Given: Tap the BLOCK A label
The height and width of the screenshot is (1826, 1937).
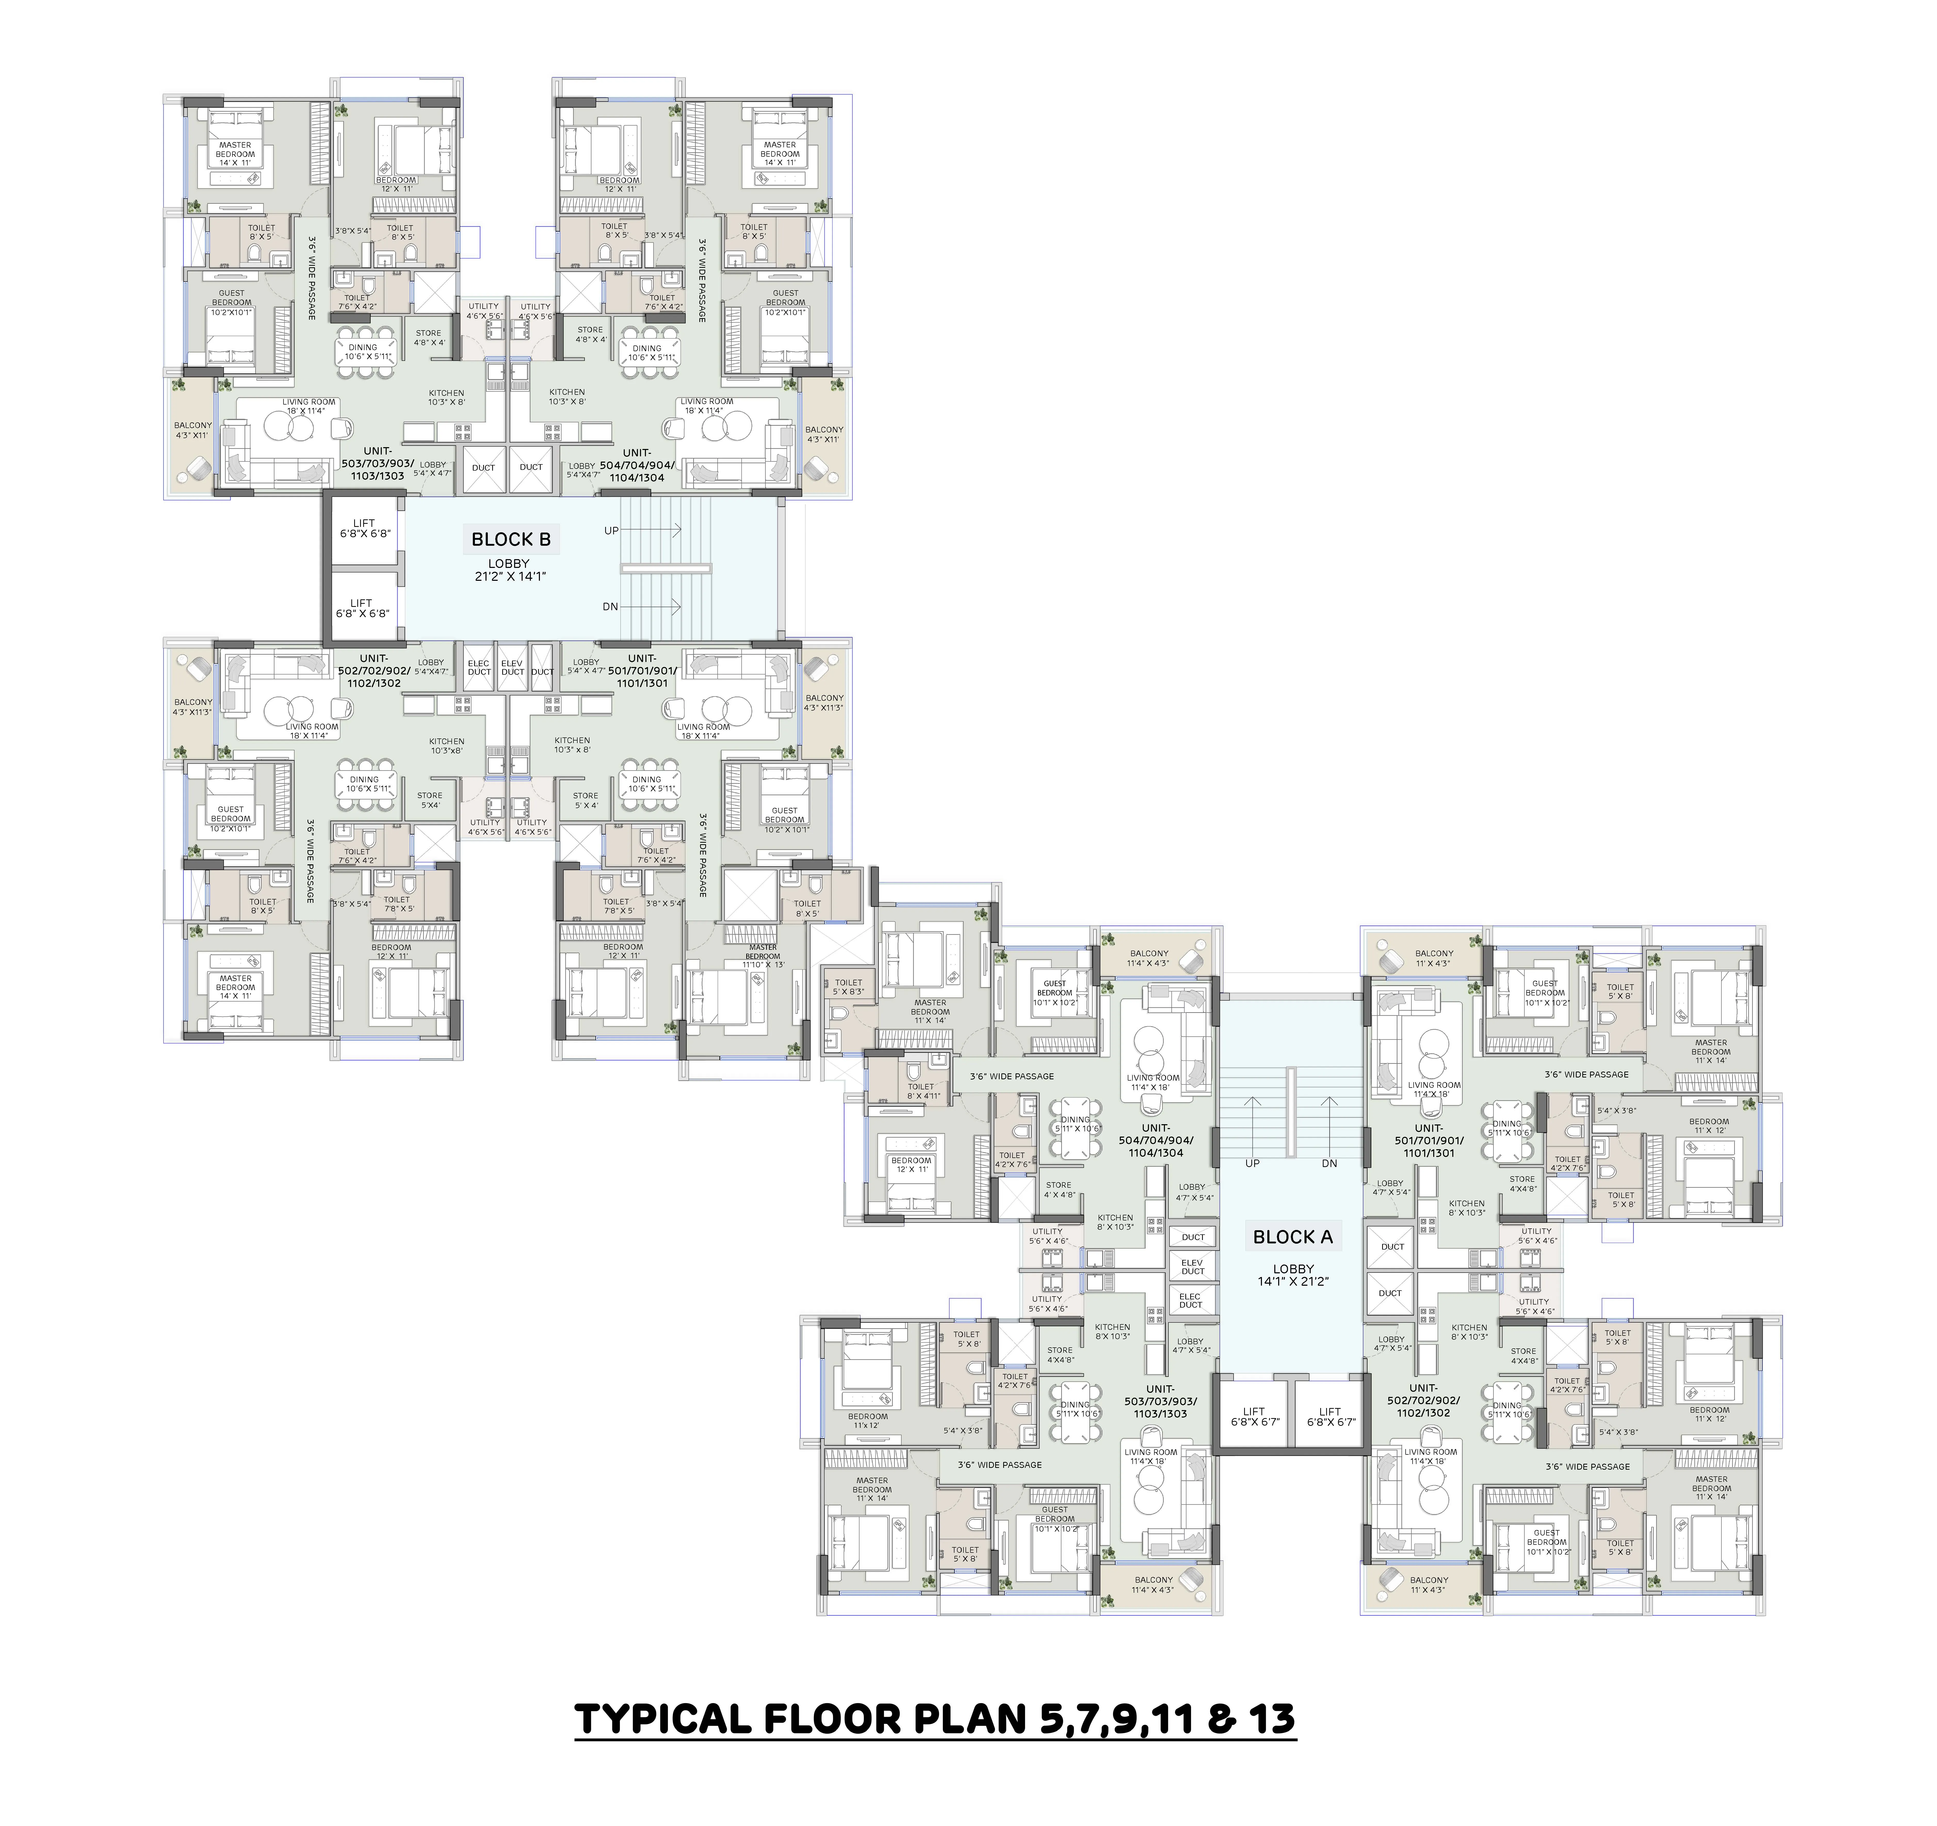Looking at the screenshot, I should pos(1292,1237).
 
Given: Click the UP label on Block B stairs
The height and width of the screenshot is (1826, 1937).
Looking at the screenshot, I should pos(611,531).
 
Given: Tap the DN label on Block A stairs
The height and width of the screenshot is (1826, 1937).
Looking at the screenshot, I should pos(1329,1163).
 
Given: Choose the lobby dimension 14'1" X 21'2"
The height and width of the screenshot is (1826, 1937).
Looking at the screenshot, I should pos(1293,1281).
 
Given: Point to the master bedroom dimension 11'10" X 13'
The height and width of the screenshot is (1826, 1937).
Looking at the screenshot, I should pos(763,965).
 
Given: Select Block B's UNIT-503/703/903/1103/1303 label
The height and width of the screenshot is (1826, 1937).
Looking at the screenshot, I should pos(377,464).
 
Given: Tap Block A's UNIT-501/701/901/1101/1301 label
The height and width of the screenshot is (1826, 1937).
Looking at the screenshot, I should pos(1428,1141).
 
